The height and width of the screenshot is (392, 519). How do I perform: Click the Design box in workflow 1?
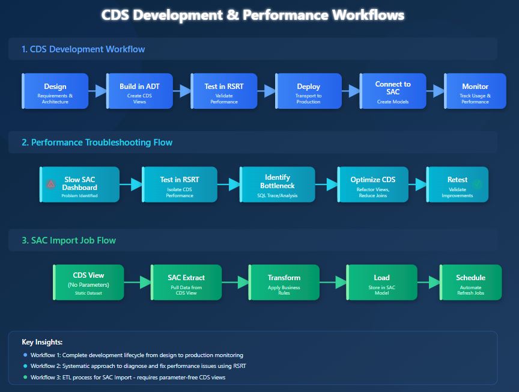[x=55, y=91]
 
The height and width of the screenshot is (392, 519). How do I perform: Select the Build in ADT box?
[x=139, y=91]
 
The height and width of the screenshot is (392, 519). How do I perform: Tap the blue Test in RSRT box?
[x=224, y=91]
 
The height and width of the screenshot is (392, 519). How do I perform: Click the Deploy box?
[x=308, y=91]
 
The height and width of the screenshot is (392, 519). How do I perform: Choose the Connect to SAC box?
[x=393, y=91]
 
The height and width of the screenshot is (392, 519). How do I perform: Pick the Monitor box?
[x=475, y=91]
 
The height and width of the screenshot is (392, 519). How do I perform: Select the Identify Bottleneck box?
[x=277, y=185]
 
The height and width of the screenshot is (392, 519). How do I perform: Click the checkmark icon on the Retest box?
[x=477, y=184]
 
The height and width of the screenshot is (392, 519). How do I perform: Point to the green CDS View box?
[x=88, y=283]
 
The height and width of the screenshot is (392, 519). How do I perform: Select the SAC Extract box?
[x=186, y=283]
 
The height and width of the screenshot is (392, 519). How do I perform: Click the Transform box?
[x=284, y=283]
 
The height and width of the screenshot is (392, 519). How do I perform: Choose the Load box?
[x=381, y=283]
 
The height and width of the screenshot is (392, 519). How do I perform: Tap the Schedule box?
[x=470, y=283]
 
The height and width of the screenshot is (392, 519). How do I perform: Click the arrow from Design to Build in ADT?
[x=97, y=91]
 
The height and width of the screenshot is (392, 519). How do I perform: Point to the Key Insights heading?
[x=42, y=342]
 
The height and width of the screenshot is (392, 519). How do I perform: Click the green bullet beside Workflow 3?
[x=25, y=377]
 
